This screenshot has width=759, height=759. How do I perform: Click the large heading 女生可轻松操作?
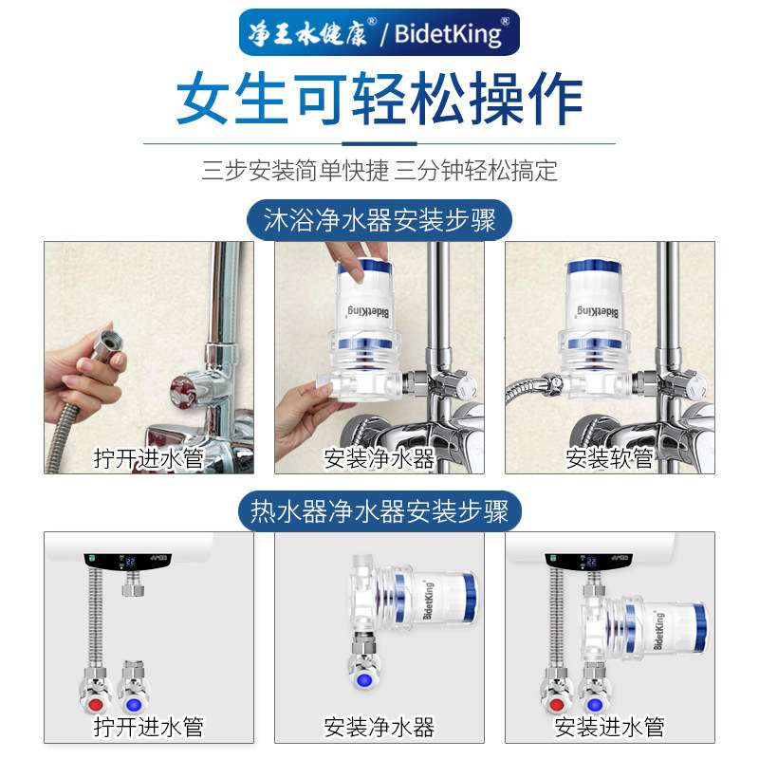tap(379, 99)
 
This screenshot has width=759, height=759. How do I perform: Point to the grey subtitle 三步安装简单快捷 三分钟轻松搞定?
tap(379, 171)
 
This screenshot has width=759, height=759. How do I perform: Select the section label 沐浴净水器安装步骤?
tap(379, 220)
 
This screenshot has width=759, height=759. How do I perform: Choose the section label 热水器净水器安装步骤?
tap(379, 511)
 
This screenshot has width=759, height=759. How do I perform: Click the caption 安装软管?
tap(609, 458)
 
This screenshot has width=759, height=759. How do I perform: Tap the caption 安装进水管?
tap(609, 726)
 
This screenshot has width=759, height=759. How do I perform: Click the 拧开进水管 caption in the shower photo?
tap(149, 458)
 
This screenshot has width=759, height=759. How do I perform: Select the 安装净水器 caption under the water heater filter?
tap(379, 726)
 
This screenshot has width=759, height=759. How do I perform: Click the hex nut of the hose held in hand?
tap(108, 344)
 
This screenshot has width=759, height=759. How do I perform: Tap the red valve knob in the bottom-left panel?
tap(96, 704)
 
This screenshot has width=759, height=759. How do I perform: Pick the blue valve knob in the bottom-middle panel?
tap(364, 680)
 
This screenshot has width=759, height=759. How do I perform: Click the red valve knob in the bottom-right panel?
tap(556, 704)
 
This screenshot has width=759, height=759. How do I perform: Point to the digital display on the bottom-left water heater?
tap(130, 562)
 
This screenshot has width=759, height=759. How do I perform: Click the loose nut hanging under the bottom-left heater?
tap(133, 589)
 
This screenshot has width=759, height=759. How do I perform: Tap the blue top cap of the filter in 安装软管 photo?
tap(594, 267)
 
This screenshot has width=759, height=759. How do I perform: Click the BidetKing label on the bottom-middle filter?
tap(428, 600)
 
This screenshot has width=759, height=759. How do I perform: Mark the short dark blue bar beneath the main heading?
tap(379, 144)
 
